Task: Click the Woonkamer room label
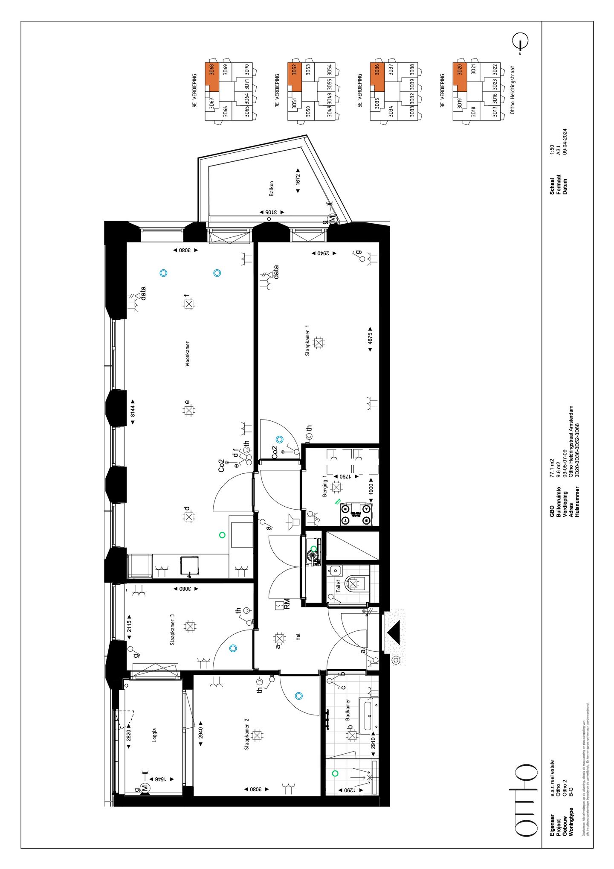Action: coord(188,353)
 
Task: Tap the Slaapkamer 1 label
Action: coord(307,340)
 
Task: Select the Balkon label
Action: coord(272,188)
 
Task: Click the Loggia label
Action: coord(154,735)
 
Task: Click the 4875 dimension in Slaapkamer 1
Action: coord(370,338)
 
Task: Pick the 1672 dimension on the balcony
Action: coord(298,179)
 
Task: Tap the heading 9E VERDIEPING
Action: coord(194,90)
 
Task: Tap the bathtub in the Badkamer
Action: coord(367,716)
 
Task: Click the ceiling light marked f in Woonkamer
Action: coord(189,304)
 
